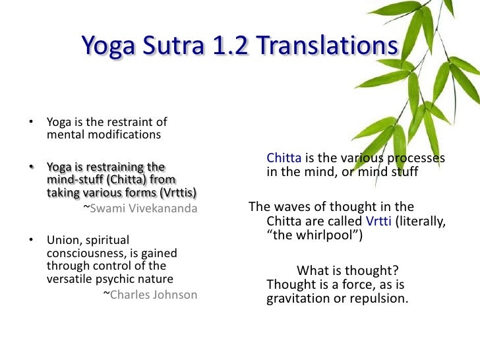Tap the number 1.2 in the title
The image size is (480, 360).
(x=235, y=45)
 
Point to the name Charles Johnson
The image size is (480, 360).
(x=153, y=295)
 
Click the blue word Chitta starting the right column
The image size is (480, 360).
(x=284, y=158)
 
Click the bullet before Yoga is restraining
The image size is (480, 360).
(x=30, y=167)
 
